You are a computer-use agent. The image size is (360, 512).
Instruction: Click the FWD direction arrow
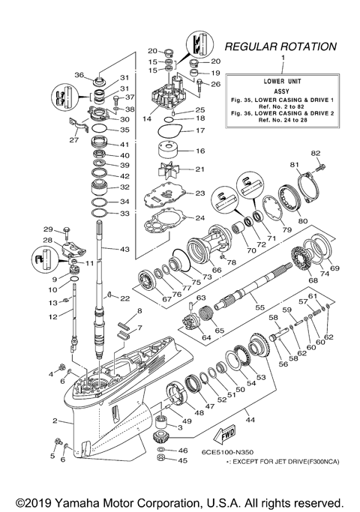[224, 435]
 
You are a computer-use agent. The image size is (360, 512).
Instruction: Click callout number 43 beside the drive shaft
[124, 250]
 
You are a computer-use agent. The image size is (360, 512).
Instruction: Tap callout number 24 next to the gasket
[198, 219]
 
